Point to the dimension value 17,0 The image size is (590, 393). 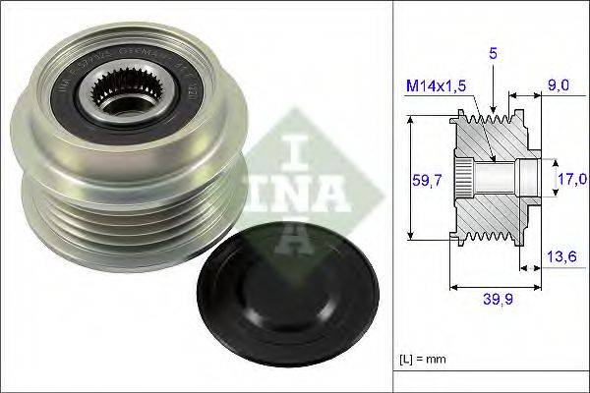(x=572, y=178)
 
